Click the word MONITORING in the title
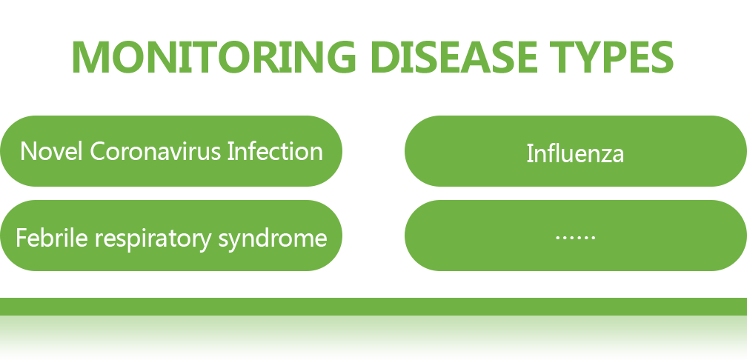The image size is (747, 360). (x=214, y=57)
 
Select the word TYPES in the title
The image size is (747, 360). (x=611, y=57)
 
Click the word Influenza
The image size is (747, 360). (x=575, y=154)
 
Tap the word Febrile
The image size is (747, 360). (x=51, y=237)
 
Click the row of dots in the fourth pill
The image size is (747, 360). (x=576, y=237)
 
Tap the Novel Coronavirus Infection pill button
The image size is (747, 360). (x=171, y=151)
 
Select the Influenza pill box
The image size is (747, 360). (x=576, y=151)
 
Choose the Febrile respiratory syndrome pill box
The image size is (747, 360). (x=171, y=236)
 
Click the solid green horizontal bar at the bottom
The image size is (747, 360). (x=373, y=307)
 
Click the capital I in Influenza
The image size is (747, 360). (x=530, y=153)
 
